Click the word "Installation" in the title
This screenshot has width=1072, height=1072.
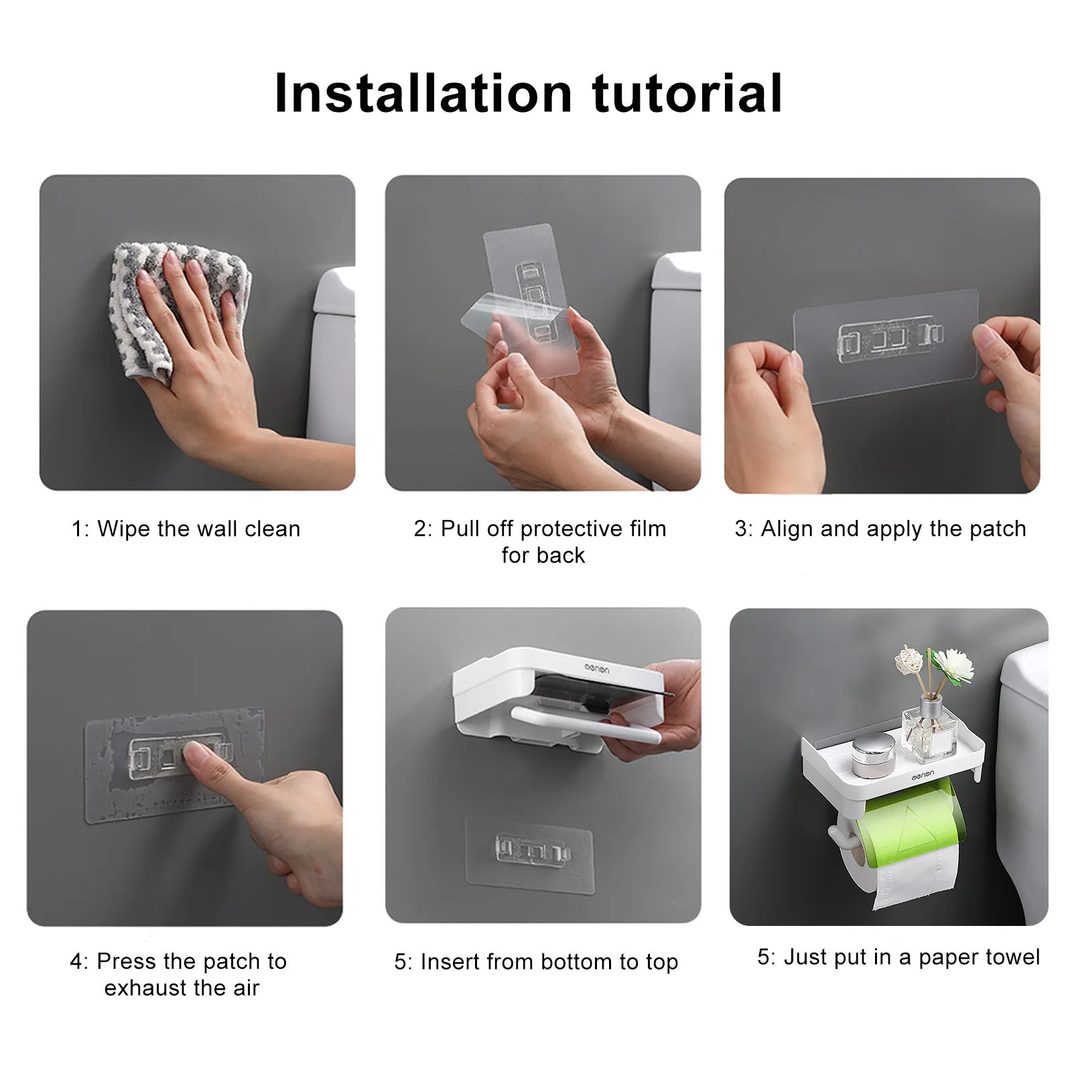423,92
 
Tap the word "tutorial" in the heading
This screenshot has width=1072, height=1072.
687,92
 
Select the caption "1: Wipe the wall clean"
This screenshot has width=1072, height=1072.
186,529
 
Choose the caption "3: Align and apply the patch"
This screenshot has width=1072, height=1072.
880,529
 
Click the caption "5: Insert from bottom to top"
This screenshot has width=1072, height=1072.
536,962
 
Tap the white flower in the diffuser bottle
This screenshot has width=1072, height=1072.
953,664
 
